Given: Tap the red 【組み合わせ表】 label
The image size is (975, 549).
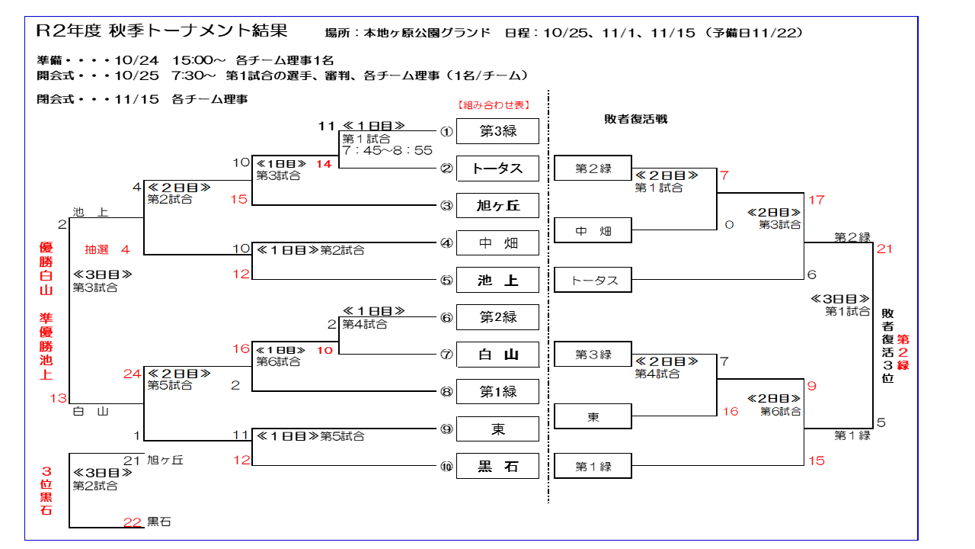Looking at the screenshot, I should [493, 105].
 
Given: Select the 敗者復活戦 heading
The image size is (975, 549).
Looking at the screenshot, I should [635, 120].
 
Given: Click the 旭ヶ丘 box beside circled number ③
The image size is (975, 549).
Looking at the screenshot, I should [497, 206].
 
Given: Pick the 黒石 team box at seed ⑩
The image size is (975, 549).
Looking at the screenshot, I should [497, 467].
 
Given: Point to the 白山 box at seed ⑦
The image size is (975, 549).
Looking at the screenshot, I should [497, 355].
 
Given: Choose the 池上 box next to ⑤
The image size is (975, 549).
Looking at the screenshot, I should [497, 281].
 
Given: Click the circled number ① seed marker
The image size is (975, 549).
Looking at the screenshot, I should [446, 131].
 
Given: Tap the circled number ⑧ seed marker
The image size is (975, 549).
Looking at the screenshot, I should [446, 393].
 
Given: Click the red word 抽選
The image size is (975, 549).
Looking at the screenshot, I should [97, 249].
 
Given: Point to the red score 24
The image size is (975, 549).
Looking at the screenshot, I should [133, 374].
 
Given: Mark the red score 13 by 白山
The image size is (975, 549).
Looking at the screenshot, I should [59, 398].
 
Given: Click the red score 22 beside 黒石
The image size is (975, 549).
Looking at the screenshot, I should [133, 522].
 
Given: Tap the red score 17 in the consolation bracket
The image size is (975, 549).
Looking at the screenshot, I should [817, 201].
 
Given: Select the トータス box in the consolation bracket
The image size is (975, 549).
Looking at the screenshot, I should [593, 281].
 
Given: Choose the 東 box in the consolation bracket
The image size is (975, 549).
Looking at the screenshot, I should [593, 417].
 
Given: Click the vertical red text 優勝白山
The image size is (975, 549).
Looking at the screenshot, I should [46, 269].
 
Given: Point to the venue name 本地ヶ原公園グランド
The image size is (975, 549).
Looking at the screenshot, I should [427, 34].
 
